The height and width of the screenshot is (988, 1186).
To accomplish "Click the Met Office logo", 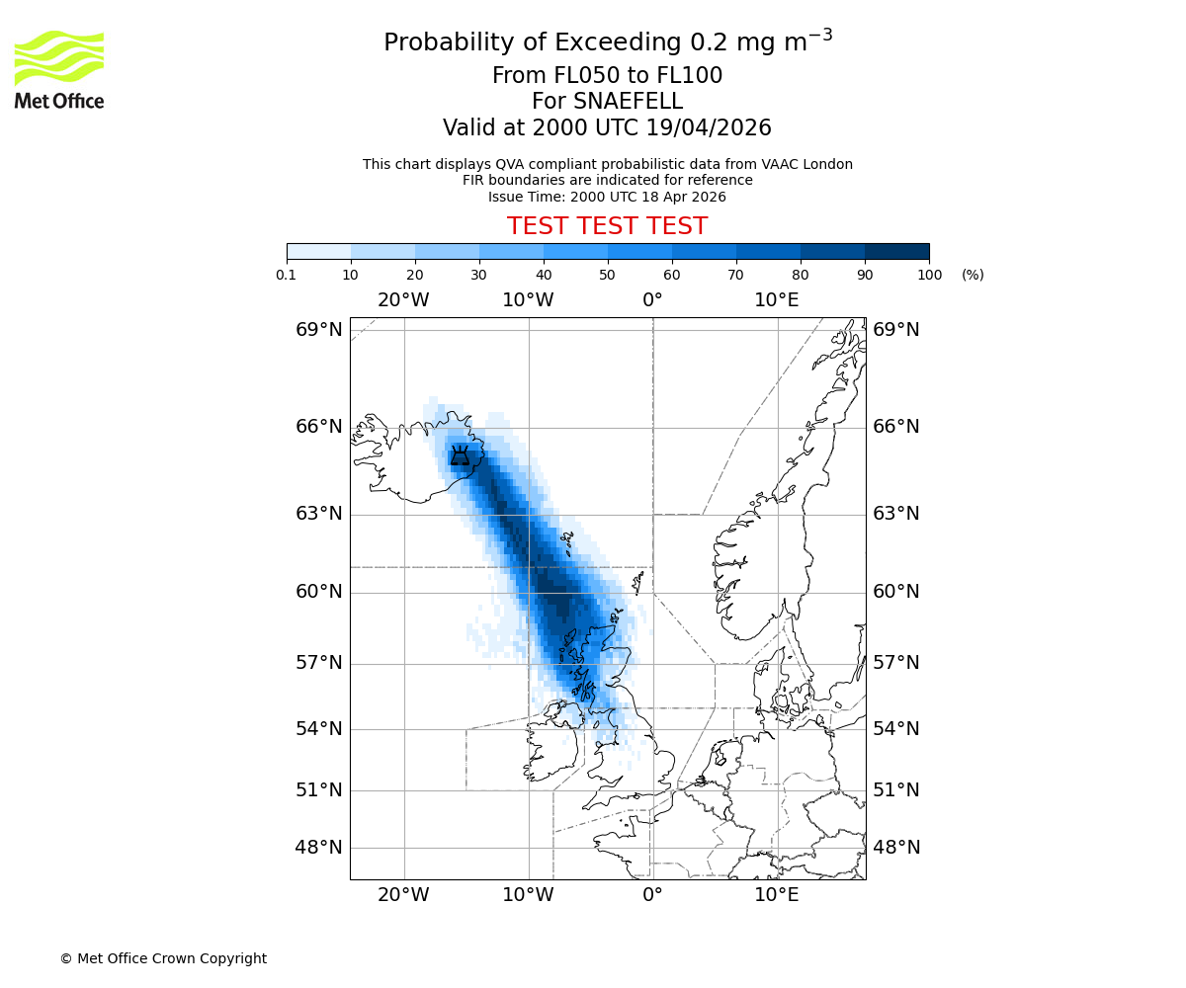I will coord(59,69).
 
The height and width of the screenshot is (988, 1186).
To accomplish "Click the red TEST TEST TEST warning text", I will coord(607,226).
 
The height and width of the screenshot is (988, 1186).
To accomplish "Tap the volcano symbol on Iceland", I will coord(460,455).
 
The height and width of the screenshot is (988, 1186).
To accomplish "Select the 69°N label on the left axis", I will coord(319,330).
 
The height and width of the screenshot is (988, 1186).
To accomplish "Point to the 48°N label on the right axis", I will coord(895,848).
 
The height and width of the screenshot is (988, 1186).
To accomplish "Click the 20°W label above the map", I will coord(403,300).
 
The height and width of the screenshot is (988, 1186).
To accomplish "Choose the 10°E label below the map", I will coord(777,896).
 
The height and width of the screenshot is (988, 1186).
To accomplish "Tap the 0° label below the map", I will coord(652,896).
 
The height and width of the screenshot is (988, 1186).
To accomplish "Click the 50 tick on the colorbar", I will coord(608,275).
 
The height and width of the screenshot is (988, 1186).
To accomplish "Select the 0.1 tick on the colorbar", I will coord(287,275).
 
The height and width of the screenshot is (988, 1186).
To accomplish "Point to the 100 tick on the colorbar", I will coord(929,275).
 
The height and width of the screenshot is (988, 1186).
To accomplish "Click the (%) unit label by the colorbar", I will coord(973,275).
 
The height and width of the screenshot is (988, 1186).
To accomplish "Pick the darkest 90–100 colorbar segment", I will coord(896,251).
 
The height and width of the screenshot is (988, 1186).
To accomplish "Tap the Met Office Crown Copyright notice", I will coord(163,958).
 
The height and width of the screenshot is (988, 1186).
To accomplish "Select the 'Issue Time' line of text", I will coord(607,197).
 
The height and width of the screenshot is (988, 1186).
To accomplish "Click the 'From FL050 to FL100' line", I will coord(607,76).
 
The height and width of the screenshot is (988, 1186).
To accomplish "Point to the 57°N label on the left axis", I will coord(319,663).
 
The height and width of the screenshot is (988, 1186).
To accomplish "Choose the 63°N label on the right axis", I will coord(895,514).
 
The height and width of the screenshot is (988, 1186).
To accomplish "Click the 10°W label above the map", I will coord(528,300).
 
